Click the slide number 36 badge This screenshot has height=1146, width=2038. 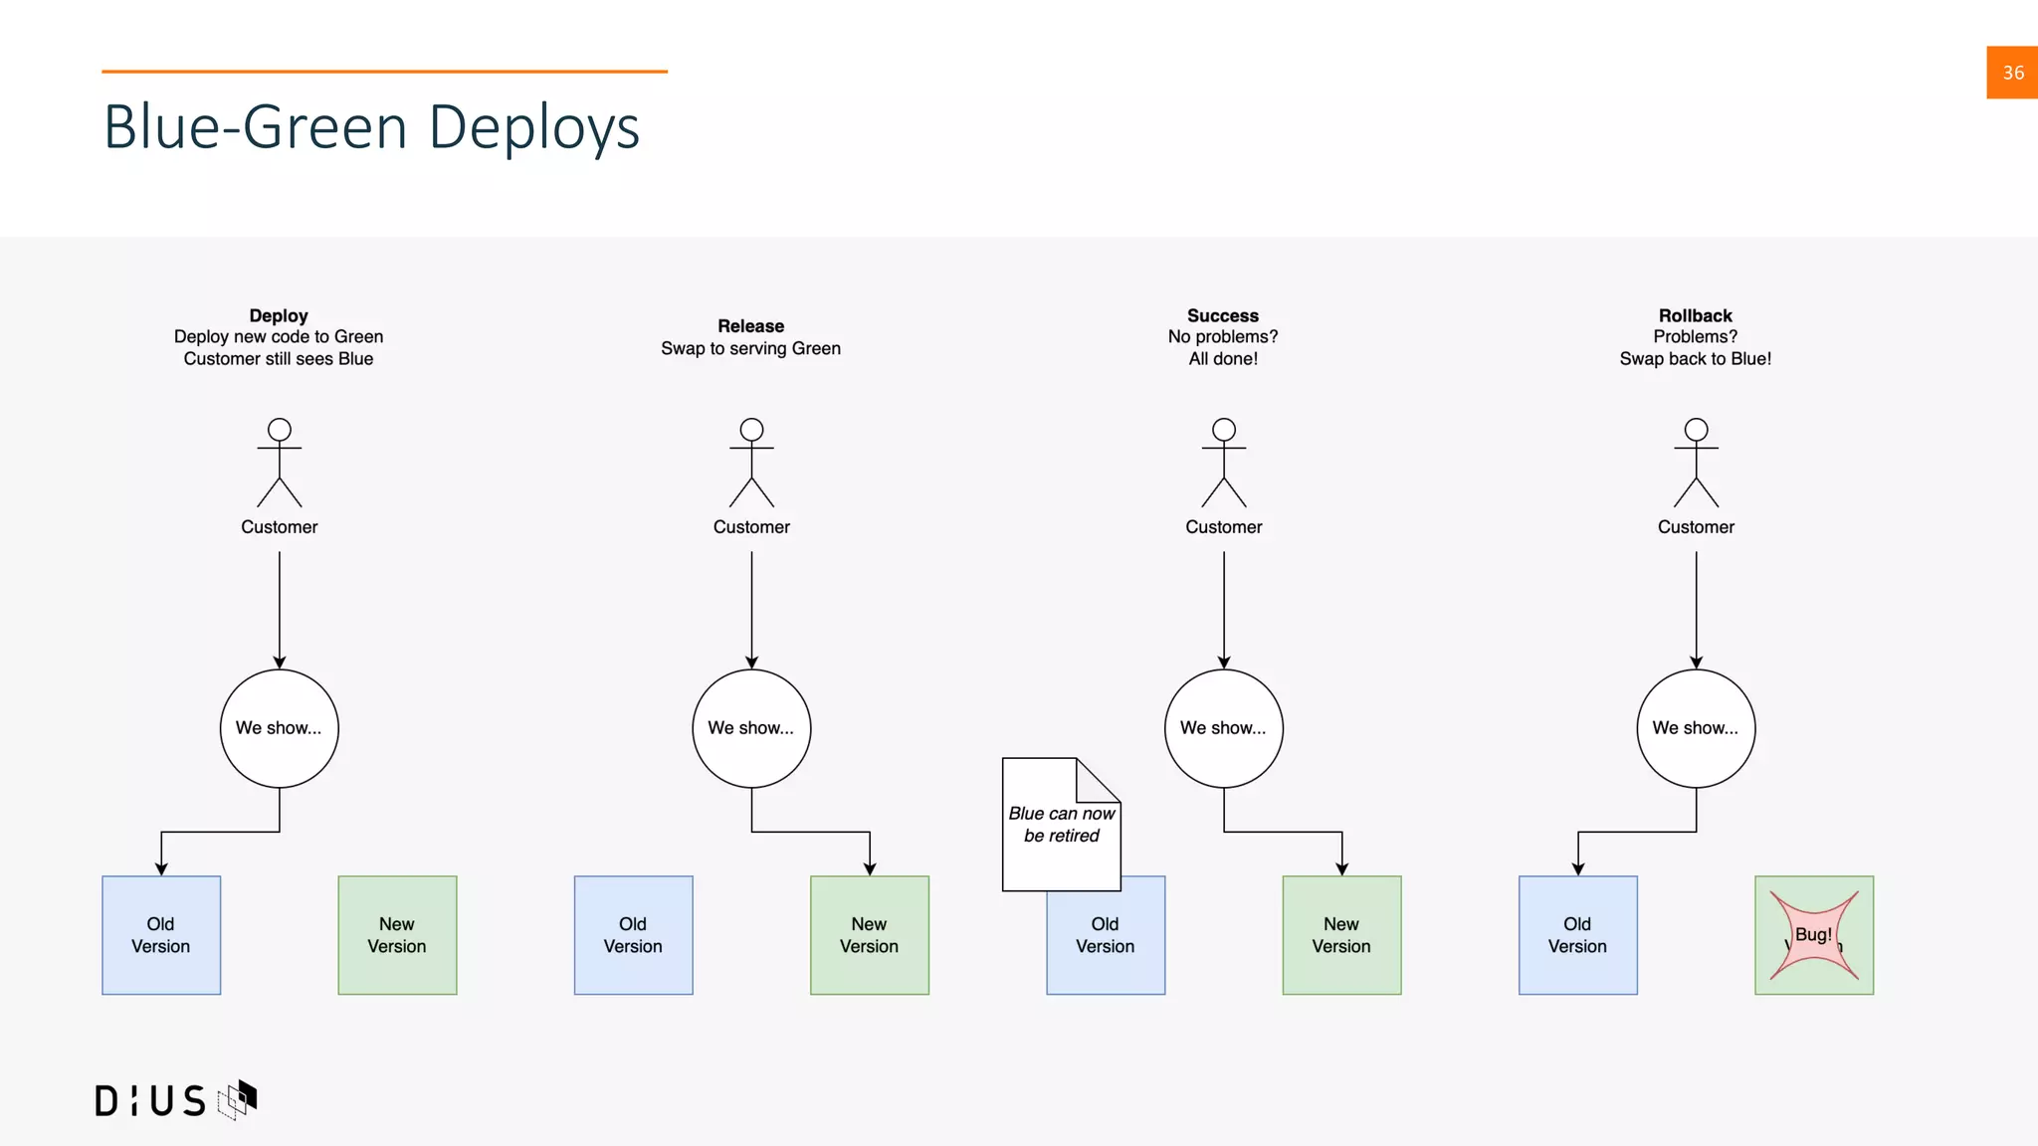(x=2011, y=73)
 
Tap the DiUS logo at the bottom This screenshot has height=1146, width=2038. (x=175, y=1099)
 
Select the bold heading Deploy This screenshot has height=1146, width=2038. (x=279, y=315)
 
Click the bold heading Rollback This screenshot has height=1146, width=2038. (x=1695, y=315)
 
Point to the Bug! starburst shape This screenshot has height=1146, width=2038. (x=1813, y=935)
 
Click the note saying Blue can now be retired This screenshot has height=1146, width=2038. (x=1061, y=825)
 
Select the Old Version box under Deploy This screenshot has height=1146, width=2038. (x=161, y=935)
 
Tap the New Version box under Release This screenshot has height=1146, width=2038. (x=869, y=935)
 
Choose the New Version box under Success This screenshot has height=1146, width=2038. (x=1341, y=935)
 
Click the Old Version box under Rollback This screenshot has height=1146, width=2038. (x=1577, y=935)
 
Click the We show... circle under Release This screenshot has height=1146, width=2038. (x=751, y=728)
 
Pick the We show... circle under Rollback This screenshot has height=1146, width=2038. (x=1696, y=728)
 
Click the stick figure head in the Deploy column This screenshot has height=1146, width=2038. (x=280, y=430)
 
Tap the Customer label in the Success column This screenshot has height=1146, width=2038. (x=1223, y=527)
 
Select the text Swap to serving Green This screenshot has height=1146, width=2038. (x=750, y=348)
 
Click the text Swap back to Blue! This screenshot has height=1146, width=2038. (x=1695, y=359)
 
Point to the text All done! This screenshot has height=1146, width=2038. (x=1223, y=359)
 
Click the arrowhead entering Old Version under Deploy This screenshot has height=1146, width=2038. (x=161, y=869)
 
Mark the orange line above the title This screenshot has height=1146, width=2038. (x=384, y=72)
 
